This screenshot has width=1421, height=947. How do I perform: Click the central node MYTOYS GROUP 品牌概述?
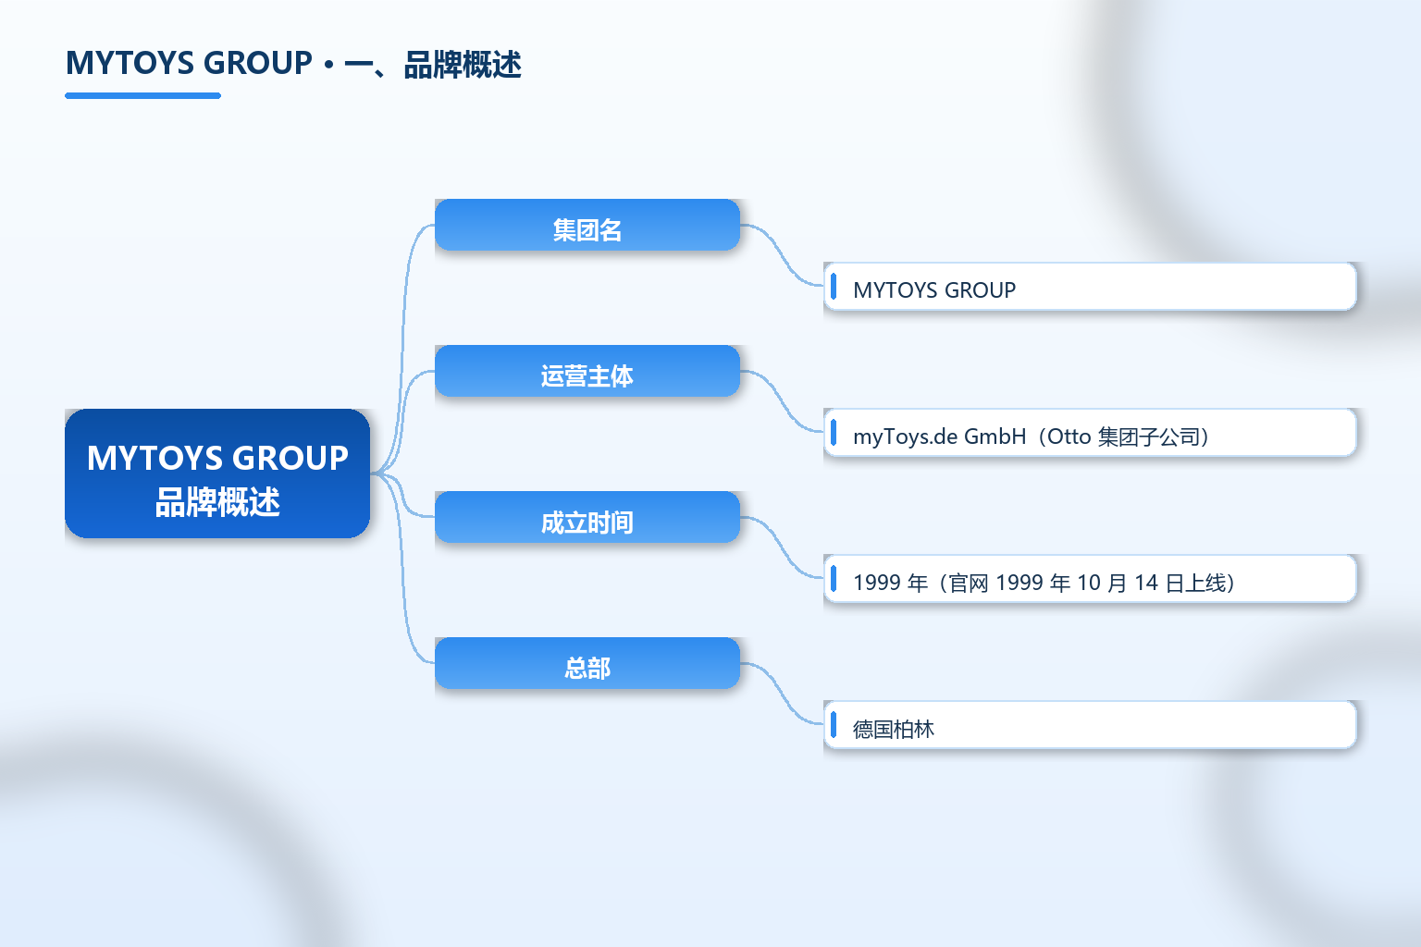(x=217, y=473)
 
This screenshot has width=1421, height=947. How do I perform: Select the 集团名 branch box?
(x=587, y=225)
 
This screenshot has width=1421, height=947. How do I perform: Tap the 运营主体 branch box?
(x=587, y=371)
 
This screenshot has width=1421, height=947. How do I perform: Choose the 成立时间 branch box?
(x=587, y=517)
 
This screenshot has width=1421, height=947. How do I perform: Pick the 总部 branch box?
(x=587, y=663)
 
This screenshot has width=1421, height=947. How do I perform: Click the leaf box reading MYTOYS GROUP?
(x=1090, y=287)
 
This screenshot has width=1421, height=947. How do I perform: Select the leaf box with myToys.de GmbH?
(x=1090, y=433)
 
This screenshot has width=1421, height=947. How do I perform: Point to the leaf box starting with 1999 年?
(x=1090, y=579)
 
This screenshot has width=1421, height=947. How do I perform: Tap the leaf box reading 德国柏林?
(x=1090, y=724)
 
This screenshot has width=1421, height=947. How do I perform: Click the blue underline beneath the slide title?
(x=142, y=96)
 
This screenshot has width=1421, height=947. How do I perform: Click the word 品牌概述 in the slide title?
(x=463, y=65)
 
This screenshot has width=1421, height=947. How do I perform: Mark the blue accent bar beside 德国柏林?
(x=834, y=724)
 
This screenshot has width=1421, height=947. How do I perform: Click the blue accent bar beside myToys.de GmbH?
(x=834, y=433)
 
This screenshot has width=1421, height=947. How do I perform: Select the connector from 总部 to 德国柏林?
(x=782, y=693)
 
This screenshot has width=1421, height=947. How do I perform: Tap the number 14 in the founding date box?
(x=1145, y=583)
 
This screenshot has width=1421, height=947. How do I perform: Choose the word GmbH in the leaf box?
(x=995, y=437)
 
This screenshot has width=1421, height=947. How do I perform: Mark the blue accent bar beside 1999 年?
(x=834, y=579)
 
